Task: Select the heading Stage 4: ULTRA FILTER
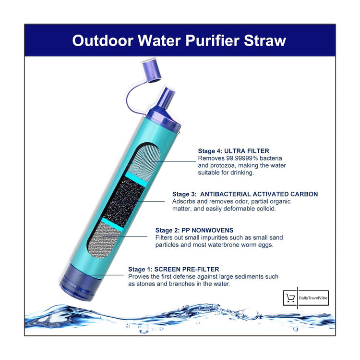pos(234,150)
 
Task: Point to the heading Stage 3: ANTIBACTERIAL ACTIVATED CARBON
pos(245,194)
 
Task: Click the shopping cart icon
pos(290,298)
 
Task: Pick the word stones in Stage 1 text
pos(147,284)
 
